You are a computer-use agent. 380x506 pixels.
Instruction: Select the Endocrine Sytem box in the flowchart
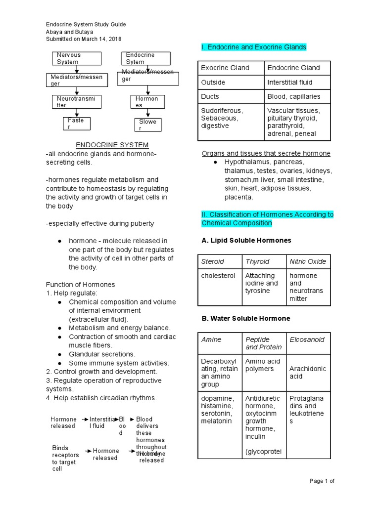point(145,58)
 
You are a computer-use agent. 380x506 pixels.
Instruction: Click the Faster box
point(77,124)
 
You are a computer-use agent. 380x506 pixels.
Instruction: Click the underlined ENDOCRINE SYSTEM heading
point(112,145)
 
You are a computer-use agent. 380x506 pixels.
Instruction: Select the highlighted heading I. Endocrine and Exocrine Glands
point(254,47)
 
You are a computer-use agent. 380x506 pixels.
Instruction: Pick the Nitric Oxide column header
point(307,261)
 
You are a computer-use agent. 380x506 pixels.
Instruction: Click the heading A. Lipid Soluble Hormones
point(246,240)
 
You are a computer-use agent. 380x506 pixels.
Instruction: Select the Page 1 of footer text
point(322,481)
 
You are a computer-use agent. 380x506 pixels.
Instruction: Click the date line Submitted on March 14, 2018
point(84,39)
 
